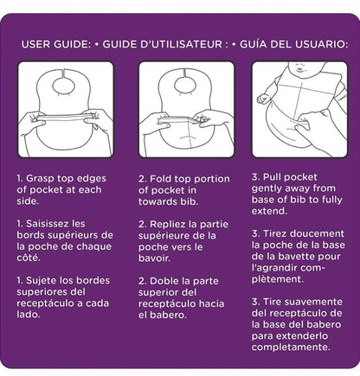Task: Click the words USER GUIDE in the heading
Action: point(54,43)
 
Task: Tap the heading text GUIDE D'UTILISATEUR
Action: point(165,43)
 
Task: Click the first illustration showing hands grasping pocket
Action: point(66,110)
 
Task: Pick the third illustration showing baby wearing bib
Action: point(299,110)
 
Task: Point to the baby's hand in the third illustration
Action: point(264,99)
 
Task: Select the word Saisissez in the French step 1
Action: point(58,222)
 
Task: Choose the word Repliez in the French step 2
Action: point(174,222)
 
